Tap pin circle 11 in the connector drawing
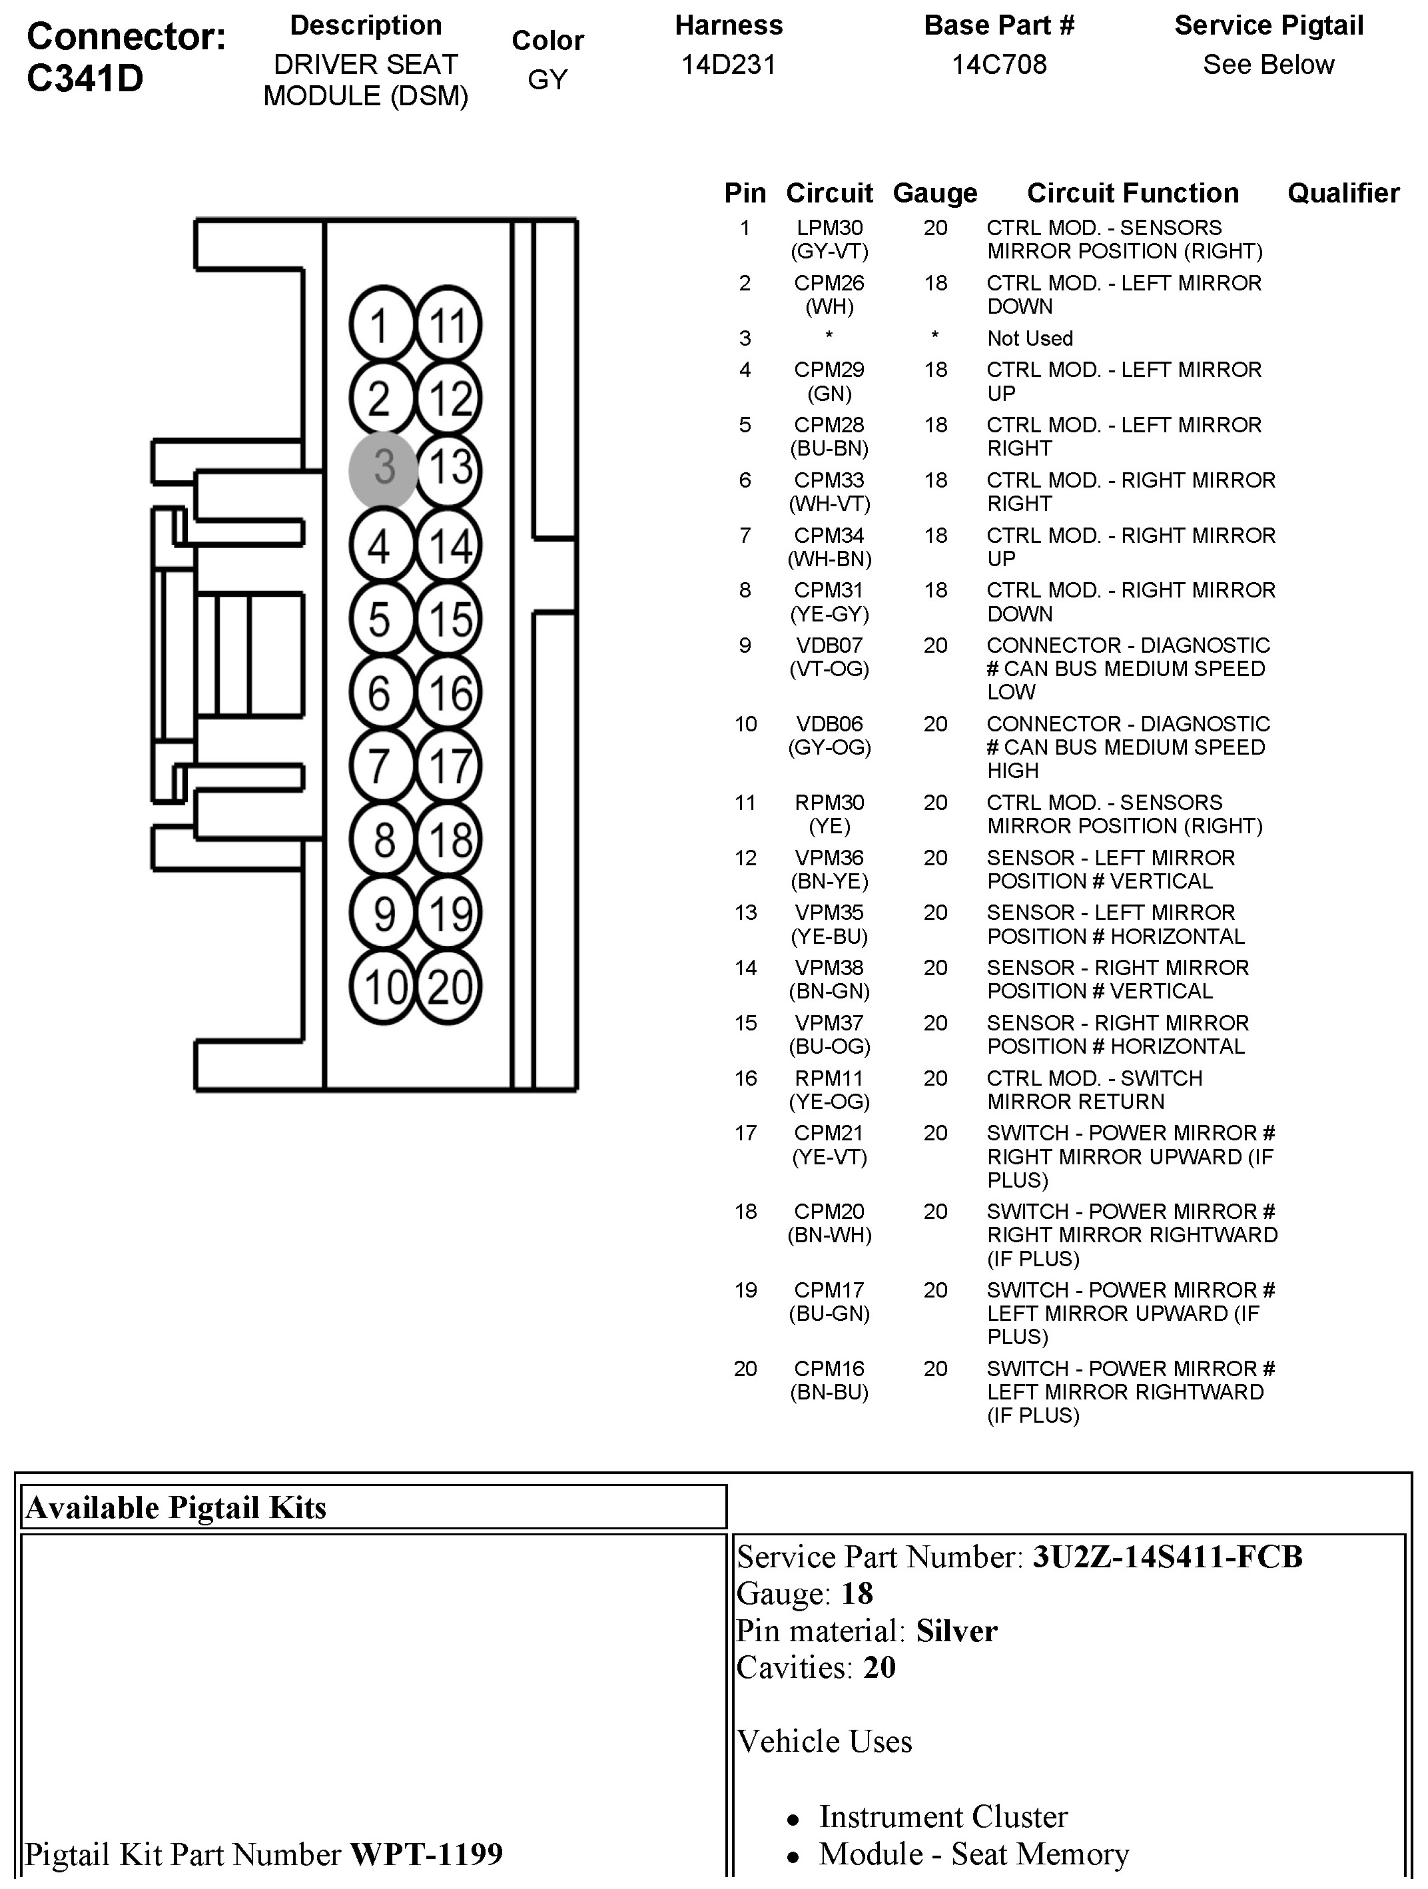pos(449,325)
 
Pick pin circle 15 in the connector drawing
pos(449,619)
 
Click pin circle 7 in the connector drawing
pos(382,766)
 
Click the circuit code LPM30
pos(829,228)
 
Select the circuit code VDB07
pos(829,645)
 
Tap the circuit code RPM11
pos(829,1078)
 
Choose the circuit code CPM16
pos(829,1369)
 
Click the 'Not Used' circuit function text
pos(1029,338)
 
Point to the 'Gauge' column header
pos(934,193)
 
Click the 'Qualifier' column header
pos(1343,193)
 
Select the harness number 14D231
pos(729,65)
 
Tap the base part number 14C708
pos(998,65)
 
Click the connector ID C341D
pos(85,79)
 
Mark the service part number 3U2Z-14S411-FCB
pos(1168,1557)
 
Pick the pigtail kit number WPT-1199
pos(426,1854)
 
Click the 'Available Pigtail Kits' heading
pos(176,1507)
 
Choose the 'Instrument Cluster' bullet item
pos(943,1816)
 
